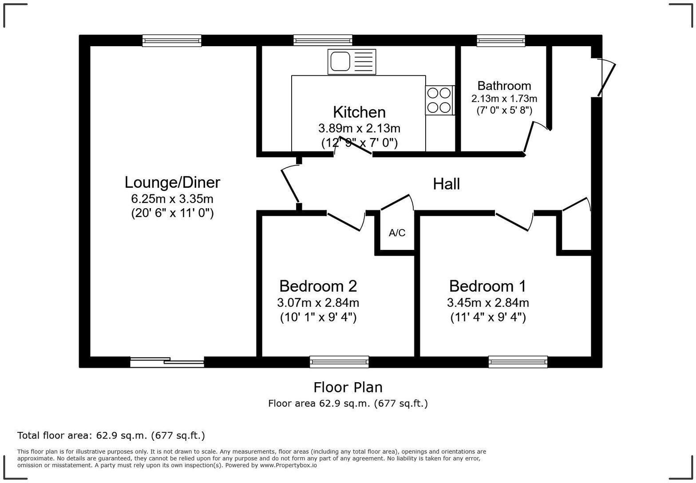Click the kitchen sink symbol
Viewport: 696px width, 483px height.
352,62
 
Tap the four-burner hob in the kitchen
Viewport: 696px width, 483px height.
439,100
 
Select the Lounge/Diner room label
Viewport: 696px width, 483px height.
172,182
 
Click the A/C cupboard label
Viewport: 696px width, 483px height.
397,233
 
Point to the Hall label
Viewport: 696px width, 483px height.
446,184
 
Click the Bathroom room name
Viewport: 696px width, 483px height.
504,86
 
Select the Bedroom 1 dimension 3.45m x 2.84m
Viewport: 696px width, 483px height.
488,303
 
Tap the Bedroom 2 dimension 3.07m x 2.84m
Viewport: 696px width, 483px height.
318,303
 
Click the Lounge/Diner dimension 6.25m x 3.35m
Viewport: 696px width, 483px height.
172,198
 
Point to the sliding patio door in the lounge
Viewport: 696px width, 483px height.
167,362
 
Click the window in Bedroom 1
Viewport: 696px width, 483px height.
518,362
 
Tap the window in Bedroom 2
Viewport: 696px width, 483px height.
339,362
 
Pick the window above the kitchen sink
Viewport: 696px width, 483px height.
323,40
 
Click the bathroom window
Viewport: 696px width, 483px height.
501,40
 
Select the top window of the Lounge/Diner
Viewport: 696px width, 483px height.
172,40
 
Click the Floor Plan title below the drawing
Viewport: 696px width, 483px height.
348,388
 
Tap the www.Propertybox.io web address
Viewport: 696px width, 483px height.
288,465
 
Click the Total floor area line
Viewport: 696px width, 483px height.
111,435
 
